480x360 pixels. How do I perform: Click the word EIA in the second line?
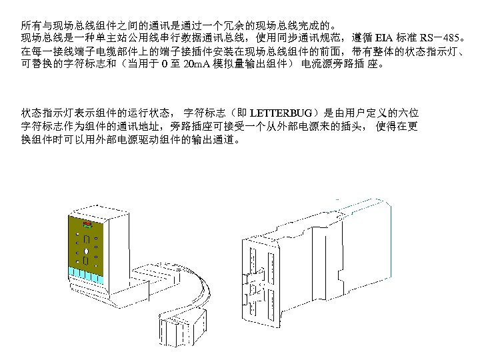[385, 36]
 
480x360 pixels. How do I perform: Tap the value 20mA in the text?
[197, 64]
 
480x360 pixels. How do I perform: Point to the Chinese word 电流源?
[317, 64]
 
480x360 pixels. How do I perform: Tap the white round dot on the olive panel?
[87, 251]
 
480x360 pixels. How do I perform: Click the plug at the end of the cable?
[176, 328]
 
